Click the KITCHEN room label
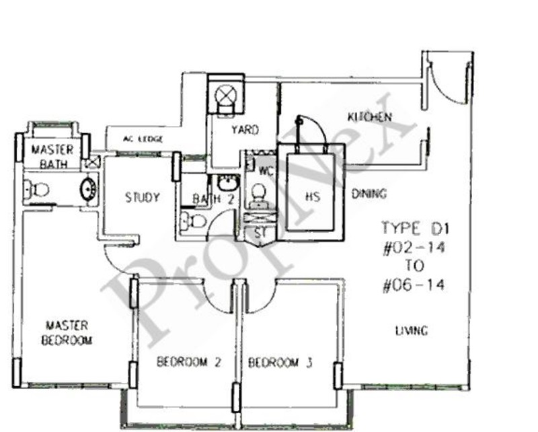[x=369, y=117]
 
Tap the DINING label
[x=369, y=194]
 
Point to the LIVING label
[x=412, y=330]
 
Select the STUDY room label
[x=143, y=197]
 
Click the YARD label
[x=245, y=130]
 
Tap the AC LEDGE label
[x=143, y=139]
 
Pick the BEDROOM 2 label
[x=188, y=362]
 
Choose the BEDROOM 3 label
[x=280, y=363]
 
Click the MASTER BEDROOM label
[x=67, y=333]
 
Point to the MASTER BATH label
[x=52, y=157]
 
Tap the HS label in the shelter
[x=312, y=196]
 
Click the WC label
[x=266, y=171]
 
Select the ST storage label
[x=260, y=233]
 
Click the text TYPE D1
[x=415, y=229]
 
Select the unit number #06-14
[x=414, y=285]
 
